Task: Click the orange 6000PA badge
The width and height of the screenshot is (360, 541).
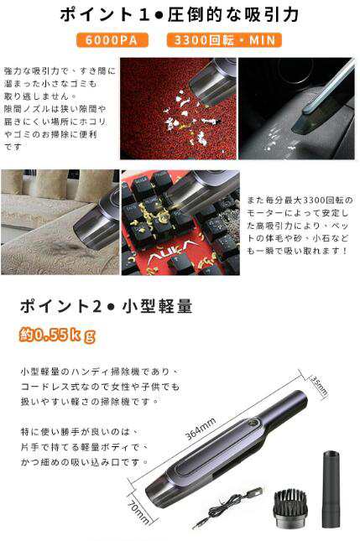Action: (112, 40)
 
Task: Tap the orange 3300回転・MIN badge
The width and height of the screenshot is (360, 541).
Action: (224, 40)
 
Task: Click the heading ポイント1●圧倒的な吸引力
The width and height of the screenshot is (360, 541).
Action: (180, 14)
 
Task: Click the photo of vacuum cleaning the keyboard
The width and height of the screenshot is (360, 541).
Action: (180, 222)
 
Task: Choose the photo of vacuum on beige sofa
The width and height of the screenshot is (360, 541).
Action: (59, 222)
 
